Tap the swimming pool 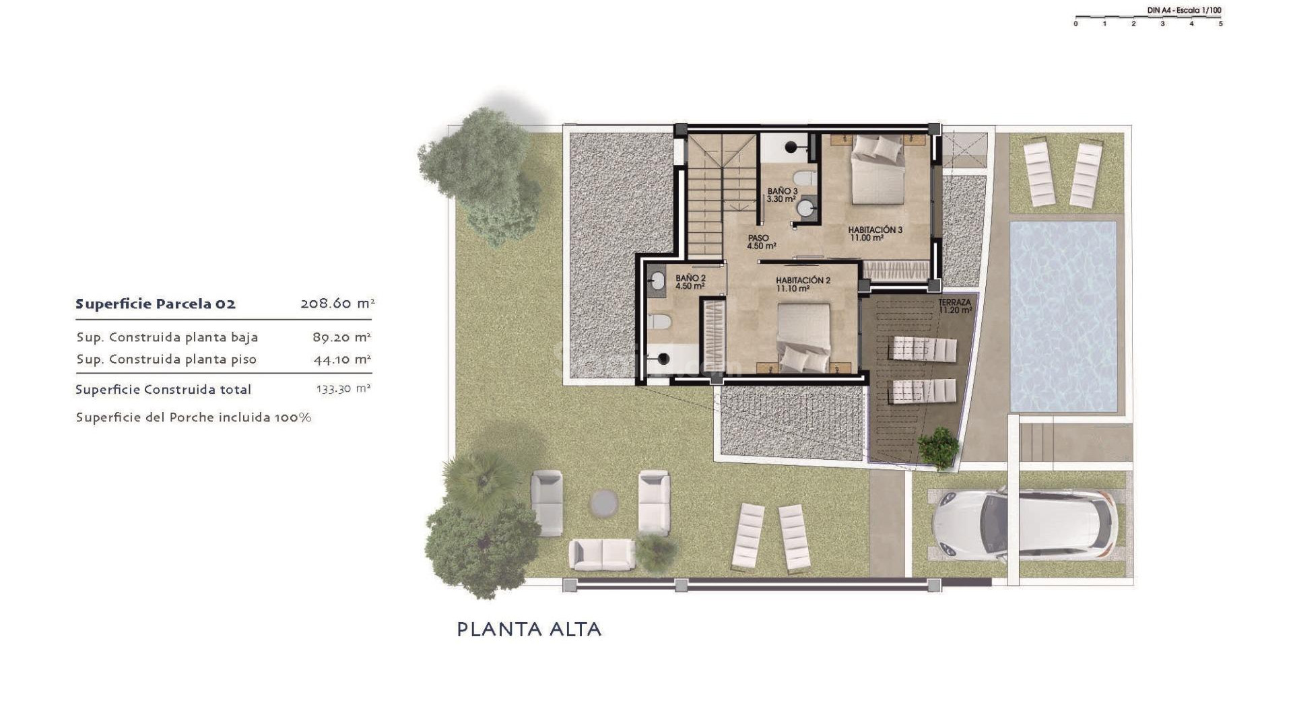[x=1063, y=316]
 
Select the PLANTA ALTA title [x=529, y=629]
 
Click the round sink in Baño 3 [x=805, y=209]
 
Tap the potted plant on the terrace [x=938, y=446]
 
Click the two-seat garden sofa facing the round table [x=601, y=553]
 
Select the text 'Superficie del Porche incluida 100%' [x=193, y=417]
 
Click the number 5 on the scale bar [x=1220, y=24]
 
